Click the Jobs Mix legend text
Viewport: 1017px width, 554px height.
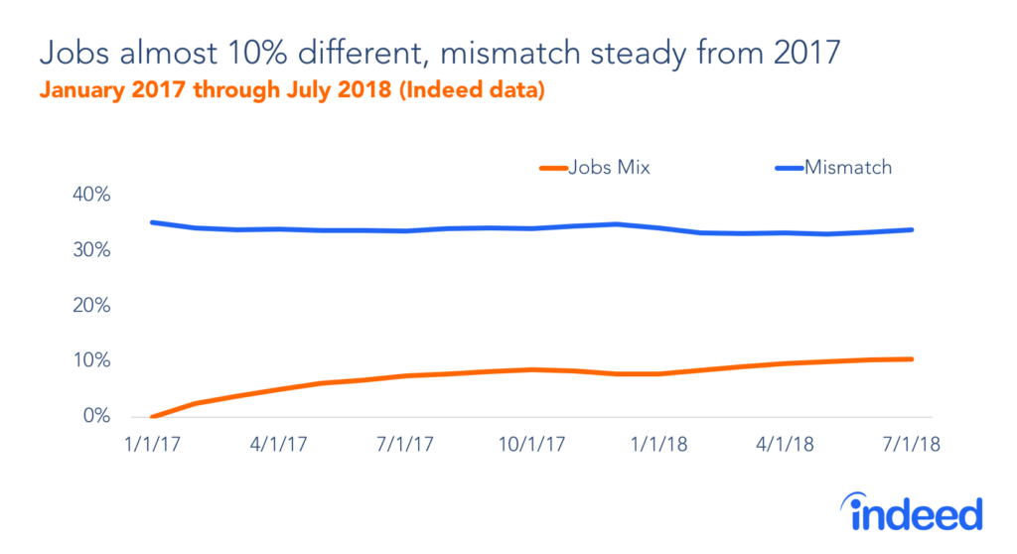coord(609,168)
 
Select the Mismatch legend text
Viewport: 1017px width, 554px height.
coord(847,168)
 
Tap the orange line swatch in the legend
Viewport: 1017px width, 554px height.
coord(552,168)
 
